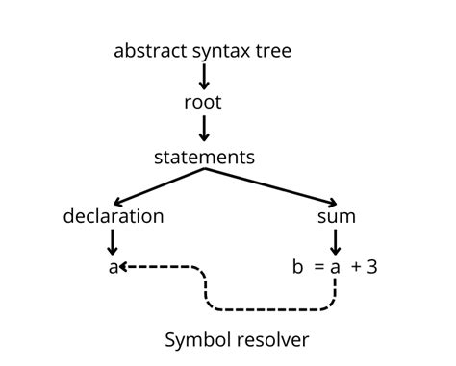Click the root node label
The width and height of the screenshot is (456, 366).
click(x=203, y=102)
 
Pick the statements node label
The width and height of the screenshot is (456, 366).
click(x=203, y=155)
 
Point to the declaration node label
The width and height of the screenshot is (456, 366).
click(x=114, y=216)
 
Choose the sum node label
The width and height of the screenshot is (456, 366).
click(x=337, y=216)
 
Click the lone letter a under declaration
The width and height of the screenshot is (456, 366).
click(x=113, y=267)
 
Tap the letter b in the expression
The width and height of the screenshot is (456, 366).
click(x=297, y=267)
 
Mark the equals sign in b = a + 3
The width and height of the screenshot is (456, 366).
click(x=318, y=267)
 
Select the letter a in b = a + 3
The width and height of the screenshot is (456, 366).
click(x=336, y=267)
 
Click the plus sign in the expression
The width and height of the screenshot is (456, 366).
click(x=356, y=267)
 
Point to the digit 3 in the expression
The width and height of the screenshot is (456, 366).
click(x=372, y=267)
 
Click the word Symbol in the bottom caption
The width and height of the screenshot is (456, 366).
click(x=196, y=339)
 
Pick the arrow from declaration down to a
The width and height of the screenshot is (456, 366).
click(x=113, y=240)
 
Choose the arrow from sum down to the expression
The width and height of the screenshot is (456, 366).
click(x=336, y=240)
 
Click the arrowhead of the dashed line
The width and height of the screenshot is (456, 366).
click(x=125, y=267)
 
